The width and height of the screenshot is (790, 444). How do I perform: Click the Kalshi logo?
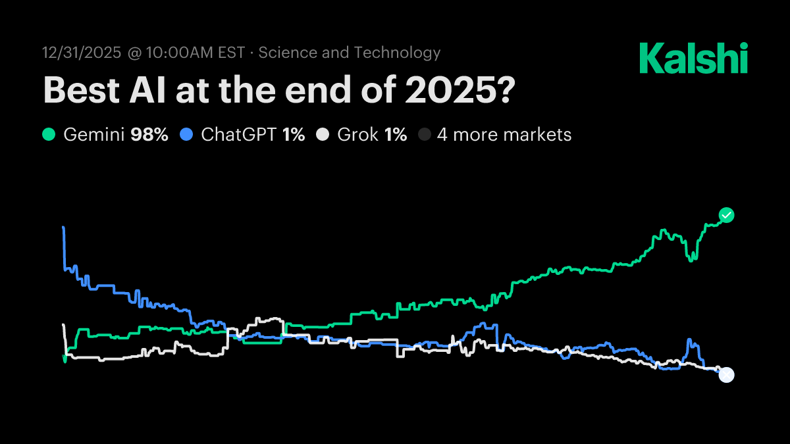tap(693, 59)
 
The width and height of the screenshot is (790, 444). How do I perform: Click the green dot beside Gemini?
tap(49, 135)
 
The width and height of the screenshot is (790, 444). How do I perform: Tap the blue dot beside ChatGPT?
tap(187, 135)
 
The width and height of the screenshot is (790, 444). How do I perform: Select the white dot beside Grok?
tap(323, 135)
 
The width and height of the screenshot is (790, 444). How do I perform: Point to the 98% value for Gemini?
tap(149, 135)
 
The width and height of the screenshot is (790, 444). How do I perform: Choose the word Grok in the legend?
tap(357, 135)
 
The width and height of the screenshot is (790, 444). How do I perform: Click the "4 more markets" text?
tap(504, 135)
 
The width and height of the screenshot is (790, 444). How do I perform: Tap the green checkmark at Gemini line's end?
tap(726, 215)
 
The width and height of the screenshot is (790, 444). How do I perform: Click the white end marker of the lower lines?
tap(726, 375)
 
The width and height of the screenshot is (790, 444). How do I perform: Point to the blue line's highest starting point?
tap(63, 228)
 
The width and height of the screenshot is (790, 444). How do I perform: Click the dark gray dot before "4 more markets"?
tap(425, 135)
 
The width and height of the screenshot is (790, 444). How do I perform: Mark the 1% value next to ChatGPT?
tap(294, 135)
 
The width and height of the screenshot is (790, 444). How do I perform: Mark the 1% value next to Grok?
tap(396, 135)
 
